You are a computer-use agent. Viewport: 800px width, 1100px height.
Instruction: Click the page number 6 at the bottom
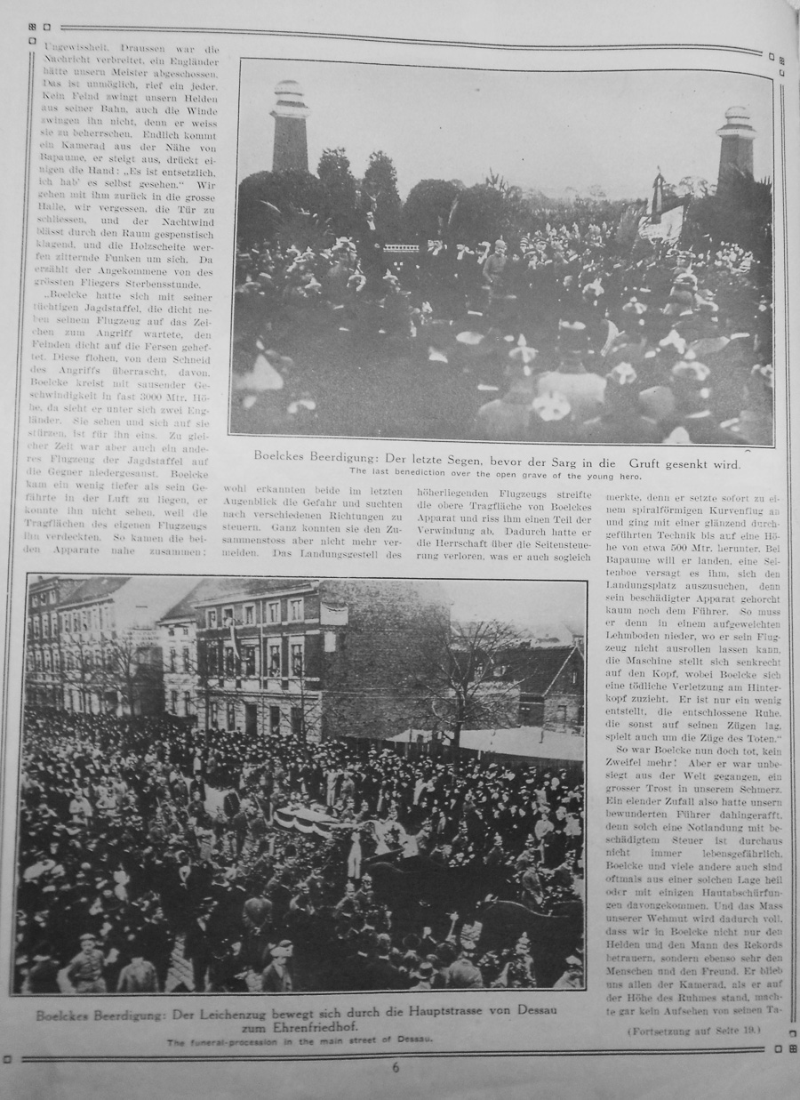click(396, 1067)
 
